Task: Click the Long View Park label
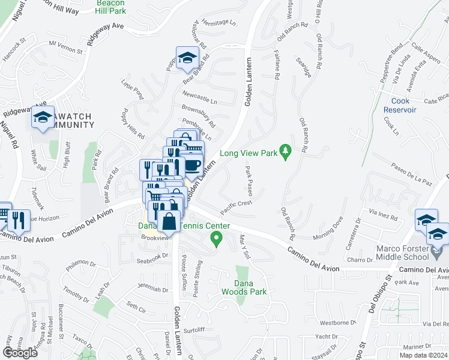[249, 153]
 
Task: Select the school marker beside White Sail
[43, 118]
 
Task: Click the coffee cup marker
[191, 166]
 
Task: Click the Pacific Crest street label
[235, 207]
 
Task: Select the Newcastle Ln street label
[200, 95]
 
